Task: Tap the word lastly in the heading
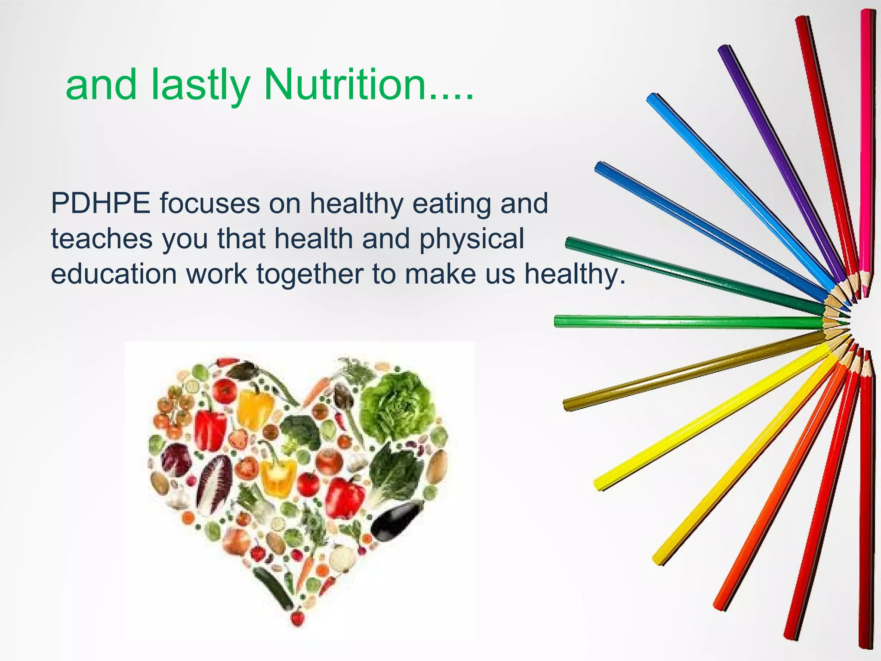coord(200,86)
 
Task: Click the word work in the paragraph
coord(217,274)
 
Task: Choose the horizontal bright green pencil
coord(688,321)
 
